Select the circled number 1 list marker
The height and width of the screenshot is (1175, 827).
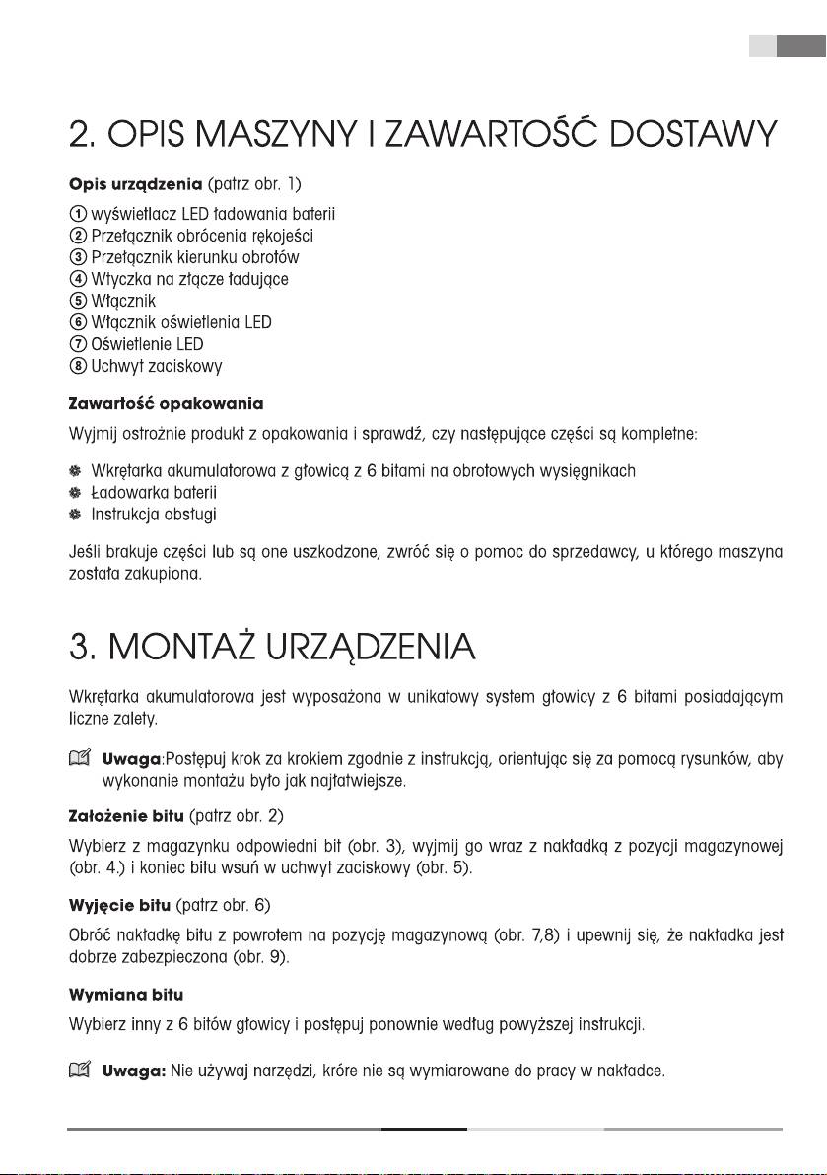click(x=77, y=215)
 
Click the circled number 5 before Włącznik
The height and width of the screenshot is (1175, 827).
click(x=77, y=301)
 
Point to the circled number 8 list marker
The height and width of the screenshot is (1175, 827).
click(x=77, y=366)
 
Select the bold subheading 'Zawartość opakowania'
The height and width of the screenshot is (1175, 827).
click(x=166, y=404)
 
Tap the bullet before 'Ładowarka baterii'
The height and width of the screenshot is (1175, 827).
click(x=75, y=493)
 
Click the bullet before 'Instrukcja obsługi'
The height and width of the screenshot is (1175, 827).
click(x=75, y=515)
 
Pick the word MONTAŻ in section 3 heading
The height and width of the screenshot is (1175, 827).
click(x=218, y=649)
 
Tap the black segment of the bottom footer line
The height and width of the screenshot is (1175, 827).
click(x=424, y=1129)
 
